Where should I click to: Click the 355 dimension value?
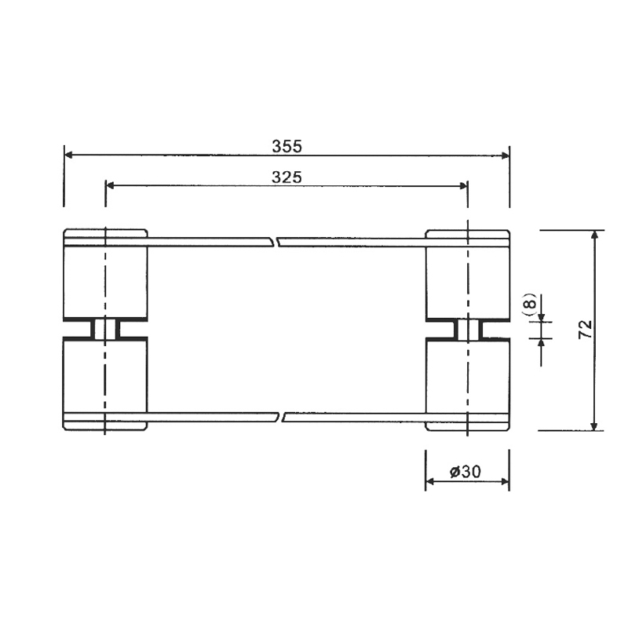pyautogui.click(x=287, y=147)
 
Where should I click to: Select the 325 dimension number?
pyautogui.click(x=287, y=177)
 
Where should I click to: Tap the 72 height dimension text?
pyautogui.click(x=586, y=329)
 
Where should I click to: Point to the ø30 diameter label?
pyautogui.click(x=465, y=472)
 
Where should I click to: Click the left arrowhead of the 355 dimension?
pyautogui.click(x=68, y=155)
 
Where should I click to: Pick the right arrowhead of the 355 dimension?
pyautogui.click(x=505, y=155)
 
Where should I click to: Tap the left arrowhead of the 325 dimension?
pyautogui.click(x=110, y=185)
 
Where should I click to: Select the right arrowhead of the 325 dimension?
pyautogui.click(x=463, y=186)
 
